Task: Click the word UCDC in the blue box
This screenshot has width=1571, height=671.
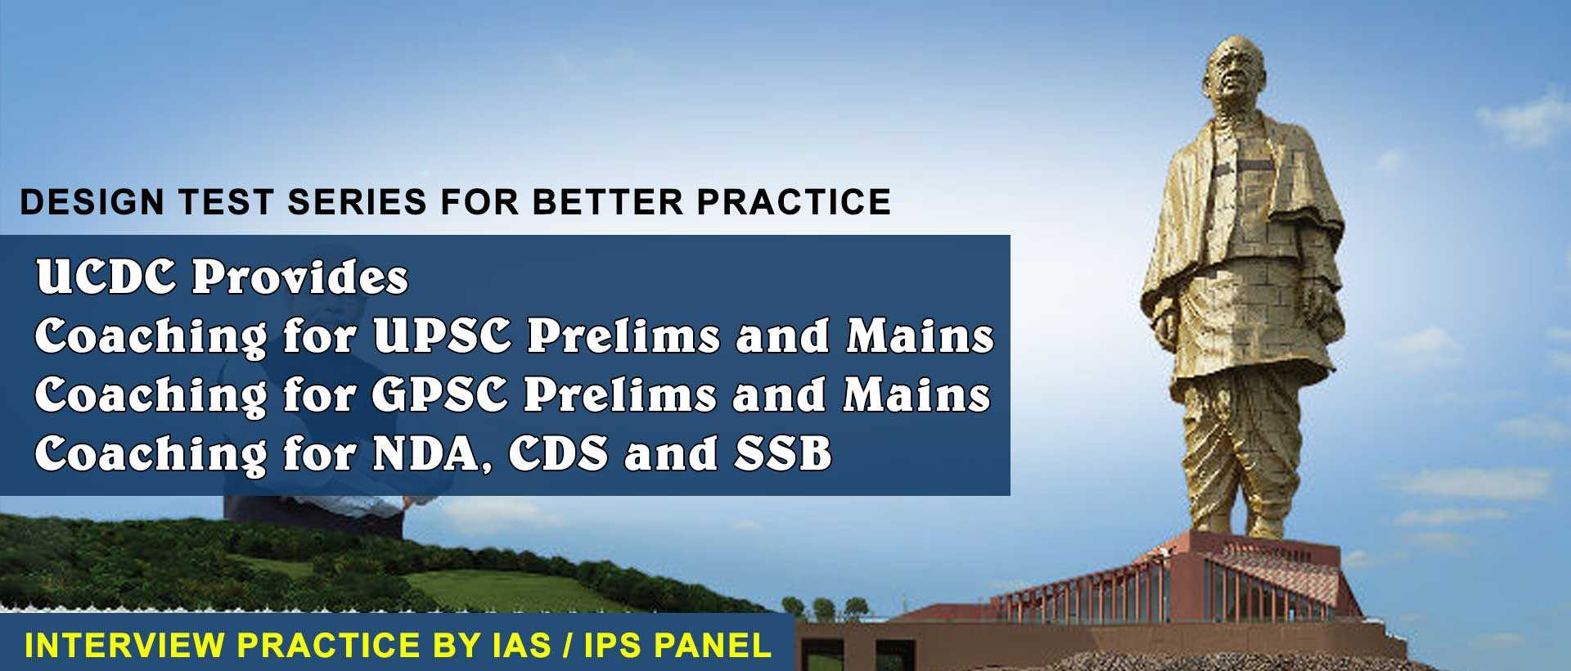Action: tap(107, 277)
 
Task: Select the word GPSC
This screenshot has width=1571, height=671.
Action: tap(441, 394)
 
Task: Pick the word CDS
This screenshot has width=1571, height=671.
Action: tap(558, 454)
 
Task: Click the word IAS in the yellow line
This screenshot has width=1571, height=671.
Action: tap(515, 646)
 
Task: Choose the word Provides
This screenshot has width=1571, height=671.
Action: tap(299, 277)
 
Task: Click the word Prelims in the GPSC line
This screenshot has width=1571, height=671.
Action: tap(622, 394)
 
